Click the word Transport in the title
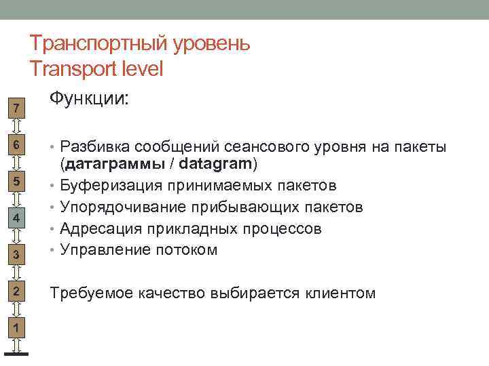(x=73, y=68)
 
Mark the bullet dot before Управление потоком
(x=53, y=249)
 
